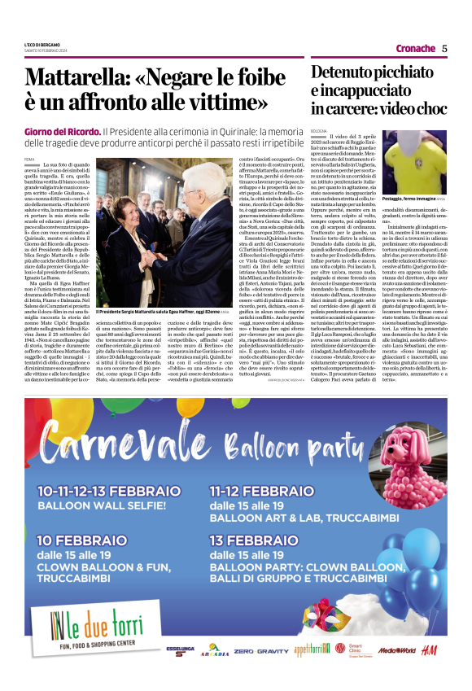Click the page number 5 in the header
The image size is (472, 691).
point(445,48)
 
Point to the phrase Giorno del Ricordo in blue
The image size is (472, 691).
point(62,131)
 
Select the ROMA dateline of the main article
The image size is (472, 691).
point(29,158)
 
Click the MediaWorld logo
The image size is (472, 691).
point(396,651)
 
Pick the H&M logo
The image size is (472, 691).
point(432,651)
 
